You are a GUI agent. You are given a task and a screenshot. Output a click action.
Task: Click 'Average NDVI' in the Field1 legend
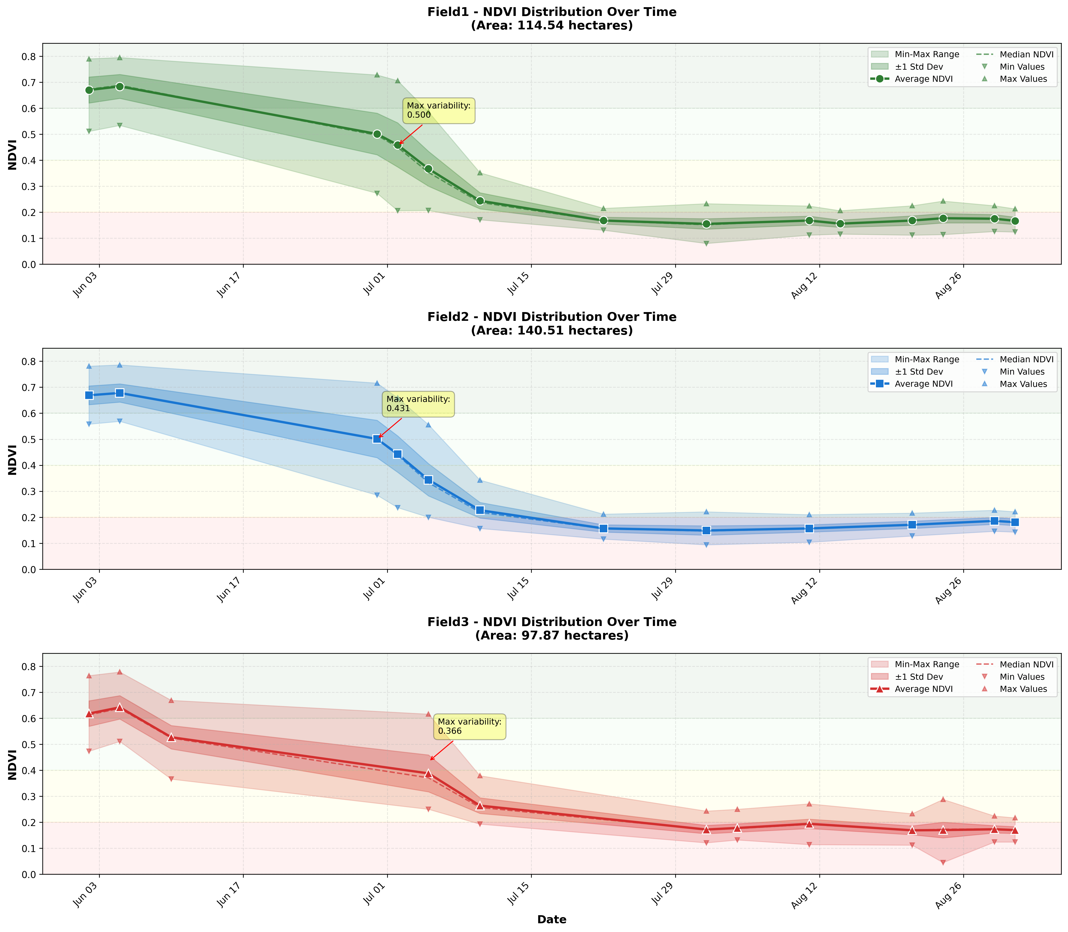924,79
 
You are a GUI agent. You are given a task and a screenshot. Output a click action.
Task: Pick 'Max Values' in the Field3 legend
1023,689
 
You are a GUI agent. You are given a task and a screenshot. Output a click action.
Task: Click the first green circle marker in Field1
89,90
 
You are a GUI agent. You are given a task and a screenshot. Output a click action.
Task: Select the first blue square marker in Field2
89,395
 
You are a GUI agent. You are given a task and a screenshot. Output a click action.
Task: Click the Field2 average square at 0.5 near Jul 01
377,439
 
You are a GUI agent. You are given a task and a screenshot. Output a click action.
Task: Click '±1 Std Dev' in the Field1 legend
919,67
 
